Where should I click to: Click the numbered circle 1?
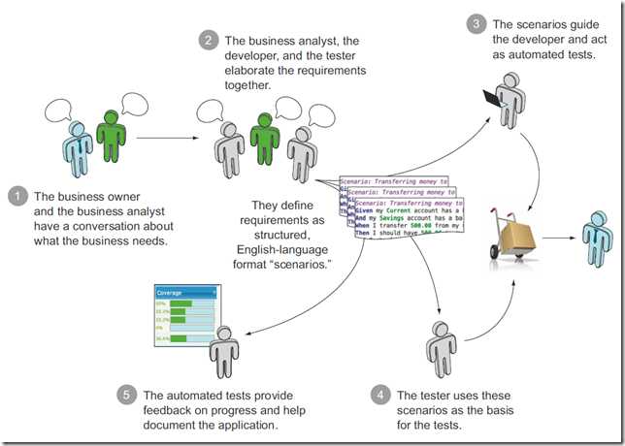16,197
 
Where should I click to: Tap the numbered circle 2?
207,41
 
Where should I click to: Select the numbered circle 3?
476,23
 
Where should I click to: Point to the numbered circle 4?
379,397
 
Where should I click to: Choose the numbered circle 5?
127,397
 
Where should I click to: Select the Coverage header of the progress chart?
187,292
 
